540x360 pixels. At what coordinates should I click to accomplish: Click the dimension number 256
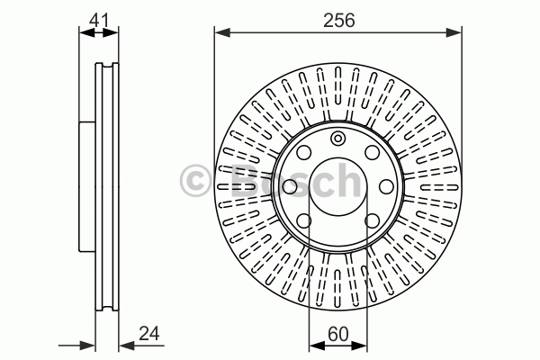[x=339, y=21]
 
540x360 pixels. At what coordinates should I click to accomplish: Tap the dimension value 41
[x=98, y=20]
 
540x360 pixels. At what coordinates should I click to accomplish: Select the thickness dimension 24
[x=149, y=334]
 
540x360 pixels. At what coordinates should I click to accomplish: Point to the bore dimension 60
[x=338, y=334]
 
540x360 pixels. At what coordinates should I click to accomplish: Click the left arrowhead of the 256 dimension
[x=222, y=32]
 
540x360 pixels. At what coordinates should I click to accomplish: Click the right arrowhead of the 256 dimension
[x=454, y=32]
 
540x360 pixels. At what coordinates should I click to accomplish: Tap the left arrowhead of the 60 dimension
[x=317, y=346]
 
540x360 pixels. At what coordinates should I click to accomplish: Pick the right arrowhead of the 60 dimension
[x=359, y=346]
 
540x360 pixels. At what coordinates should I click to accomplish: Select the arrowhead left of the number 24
[x=127, y=346]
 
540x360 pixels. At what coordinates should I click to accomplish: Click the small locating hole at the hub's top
[x=337, y=139]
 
